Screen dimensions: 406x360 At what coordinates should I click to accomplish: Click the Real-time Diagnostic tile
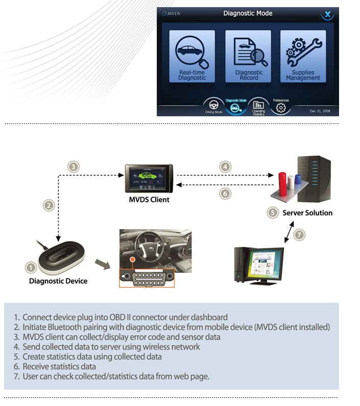[x=192, y=56]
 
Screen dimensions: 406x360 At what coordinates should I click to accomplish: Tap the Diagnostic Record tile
[x=248, y=56]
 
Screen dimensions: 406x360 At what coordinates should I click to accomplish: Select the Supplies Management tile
[x=303, y=56]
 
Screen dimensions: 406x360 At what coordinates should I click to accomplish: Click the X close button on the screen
[x=327, y=14]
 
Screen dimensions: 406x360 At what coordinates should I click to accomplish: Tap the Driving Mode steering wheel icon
[x=213, y=106]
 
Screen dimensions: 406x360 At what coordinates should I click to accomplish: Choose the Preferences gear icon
[x=280, y=108]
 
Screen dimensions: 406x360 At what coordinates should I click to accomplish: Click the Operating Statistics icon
[x=258, y=105]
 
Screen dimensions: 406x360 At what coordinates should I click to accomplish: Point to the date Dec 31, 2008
[x=320, y=111]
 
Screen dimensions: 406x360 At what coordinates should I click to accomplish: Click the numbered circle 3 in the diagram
[x=74, y=166]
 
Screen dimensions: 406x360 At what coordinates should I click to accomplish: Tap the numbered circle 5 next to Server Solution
[x=273, y=213]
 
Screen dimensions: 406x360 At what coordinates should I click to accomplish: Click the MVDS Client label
[x=149, y=199]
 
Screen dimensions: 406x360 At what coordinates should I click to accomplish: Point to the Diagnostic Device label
[x=58, y=281]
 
